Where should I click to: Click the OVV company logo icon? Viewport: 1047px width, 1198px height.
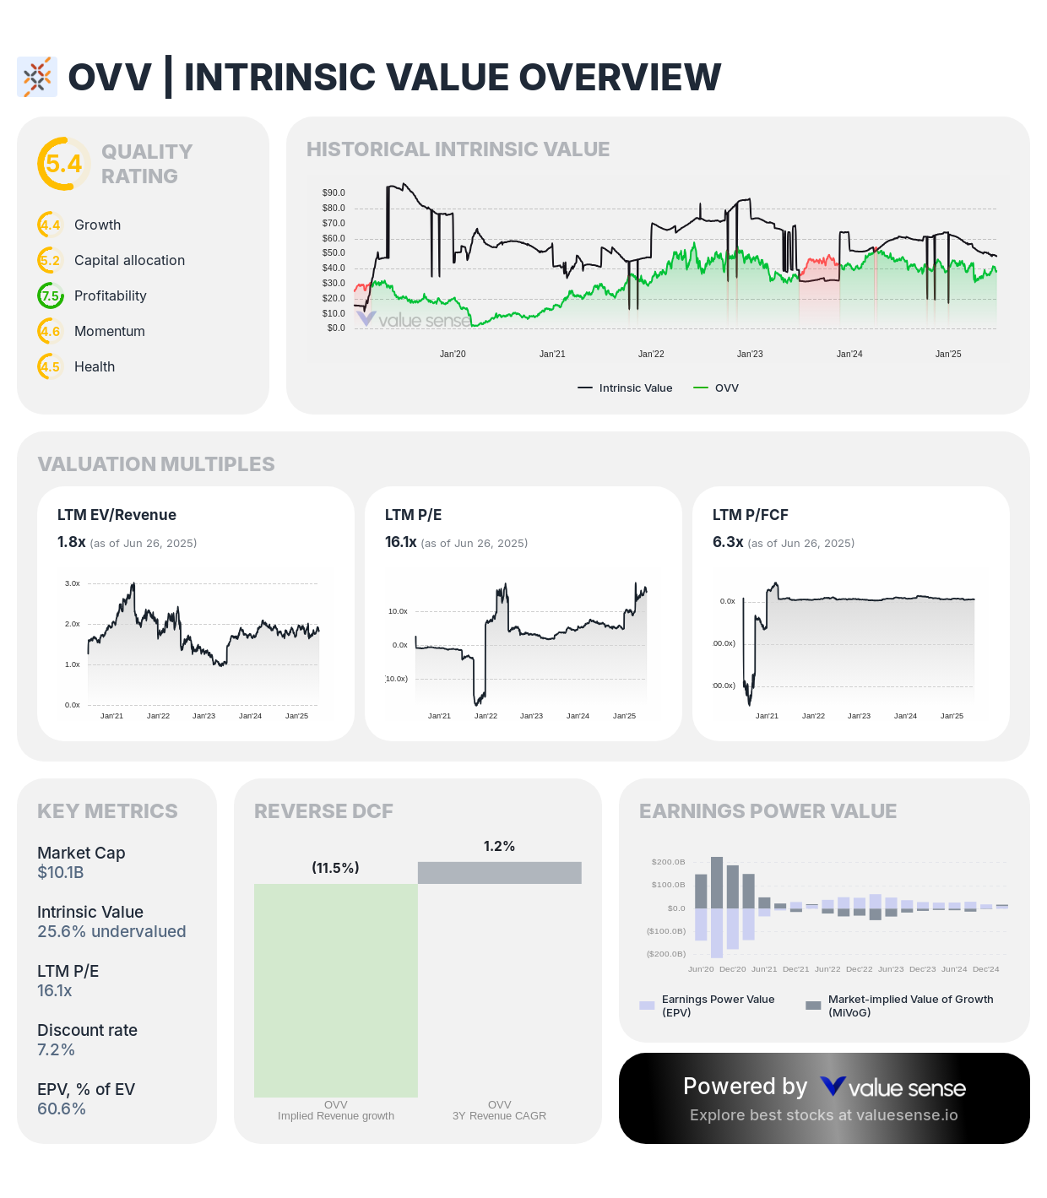[x=37, y=78]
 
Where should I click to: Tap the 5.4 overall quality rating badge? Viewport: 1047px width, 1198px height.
[x=63, y=164]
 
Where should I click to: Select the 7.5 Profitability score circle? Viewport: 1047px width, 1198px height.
[x=51, y=295]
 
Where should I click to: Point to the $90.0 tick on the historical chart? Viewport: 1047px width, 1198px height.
[x=334, y=192]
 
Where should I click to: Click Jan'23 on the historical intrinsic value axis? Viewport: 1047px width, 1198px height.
[x=750, y=354]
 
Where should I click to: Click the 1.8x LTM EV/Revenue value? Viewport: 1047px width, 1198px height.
[x=71, y=542]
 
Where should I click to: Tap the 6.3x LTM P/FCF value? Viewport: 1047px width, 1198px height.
[x=728, y=542]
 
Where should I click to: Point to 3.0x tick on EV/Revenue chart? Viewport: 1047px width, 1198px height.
[x=73, y=583]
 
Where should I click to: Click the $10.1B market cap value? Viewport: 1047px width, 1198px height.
[x=61, y=872]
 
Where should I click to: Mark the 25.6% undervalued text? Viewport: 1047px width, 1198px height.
[x=111, y=931]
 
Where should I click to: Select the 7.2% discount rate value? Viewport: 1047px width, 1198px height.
[x=56, y=1049]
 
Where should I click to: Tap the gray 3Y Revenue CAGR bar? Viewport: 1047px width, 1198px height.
[x=500, y=873]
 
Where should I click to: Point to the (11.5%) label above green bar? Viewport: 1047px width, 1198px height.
[x=335, y=868]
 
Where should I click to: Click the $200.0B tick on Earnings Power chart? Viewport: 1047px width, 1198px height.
[x=668, y=862]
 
